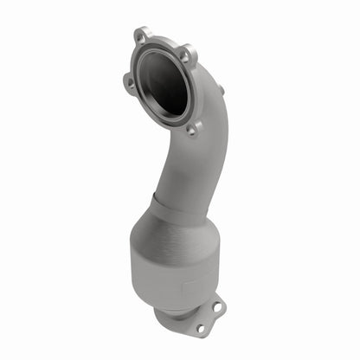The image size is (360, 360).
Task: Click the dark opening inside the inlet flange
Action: pyautogui.click(x=164, y=82)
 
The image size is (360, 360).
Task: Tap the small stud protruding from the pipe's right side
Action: pyautogui.click(x=220, y=89)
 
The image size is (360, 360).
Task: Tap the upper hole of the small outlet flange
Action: pyautogui.click(x=217, y=305)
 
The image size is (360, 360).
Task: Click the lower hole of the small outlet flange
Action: pyautogui.click(x=200, y=328)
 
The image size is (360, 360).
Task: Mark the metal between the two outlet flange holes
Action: pyautogui.click(x=209, y=317)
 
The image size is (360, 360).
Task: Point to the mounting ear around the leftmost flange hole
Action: pyautogui.click(x=126, y=85)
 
